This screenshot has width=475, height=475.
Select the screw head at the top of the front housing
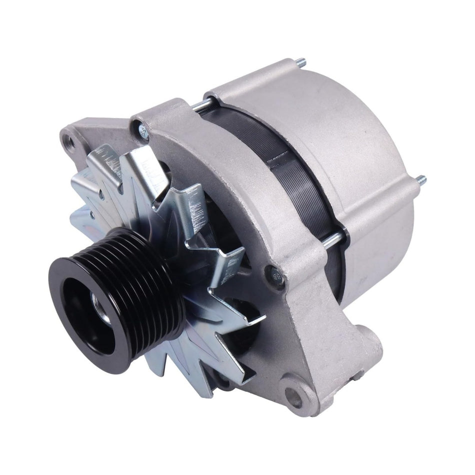(x=143, y=131)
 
